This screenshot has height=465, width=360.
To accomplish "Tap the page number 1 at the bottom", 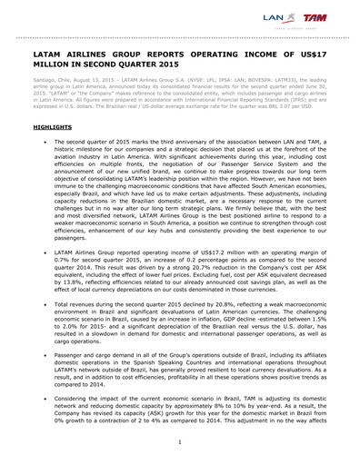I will coord(180,441).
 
